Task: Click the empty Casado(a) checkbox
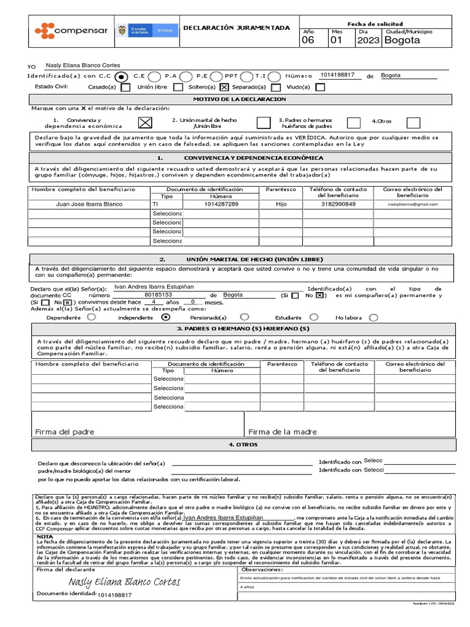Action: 125,87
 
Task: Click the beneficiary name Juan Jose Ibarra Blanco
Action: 89,204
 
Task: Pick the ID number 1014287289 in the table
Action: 222,204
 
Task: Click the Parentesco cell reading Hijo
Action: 281,204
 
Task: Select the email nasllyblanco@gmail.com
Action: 413,204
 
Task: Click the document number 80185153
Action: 158,295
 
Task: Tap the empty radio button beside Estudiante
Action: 315,317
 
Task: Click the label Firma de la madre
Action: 283,432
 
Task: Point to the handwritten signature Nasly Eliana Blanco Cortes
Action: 124,582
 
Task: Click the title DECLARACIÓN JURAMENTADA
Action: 237,28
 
